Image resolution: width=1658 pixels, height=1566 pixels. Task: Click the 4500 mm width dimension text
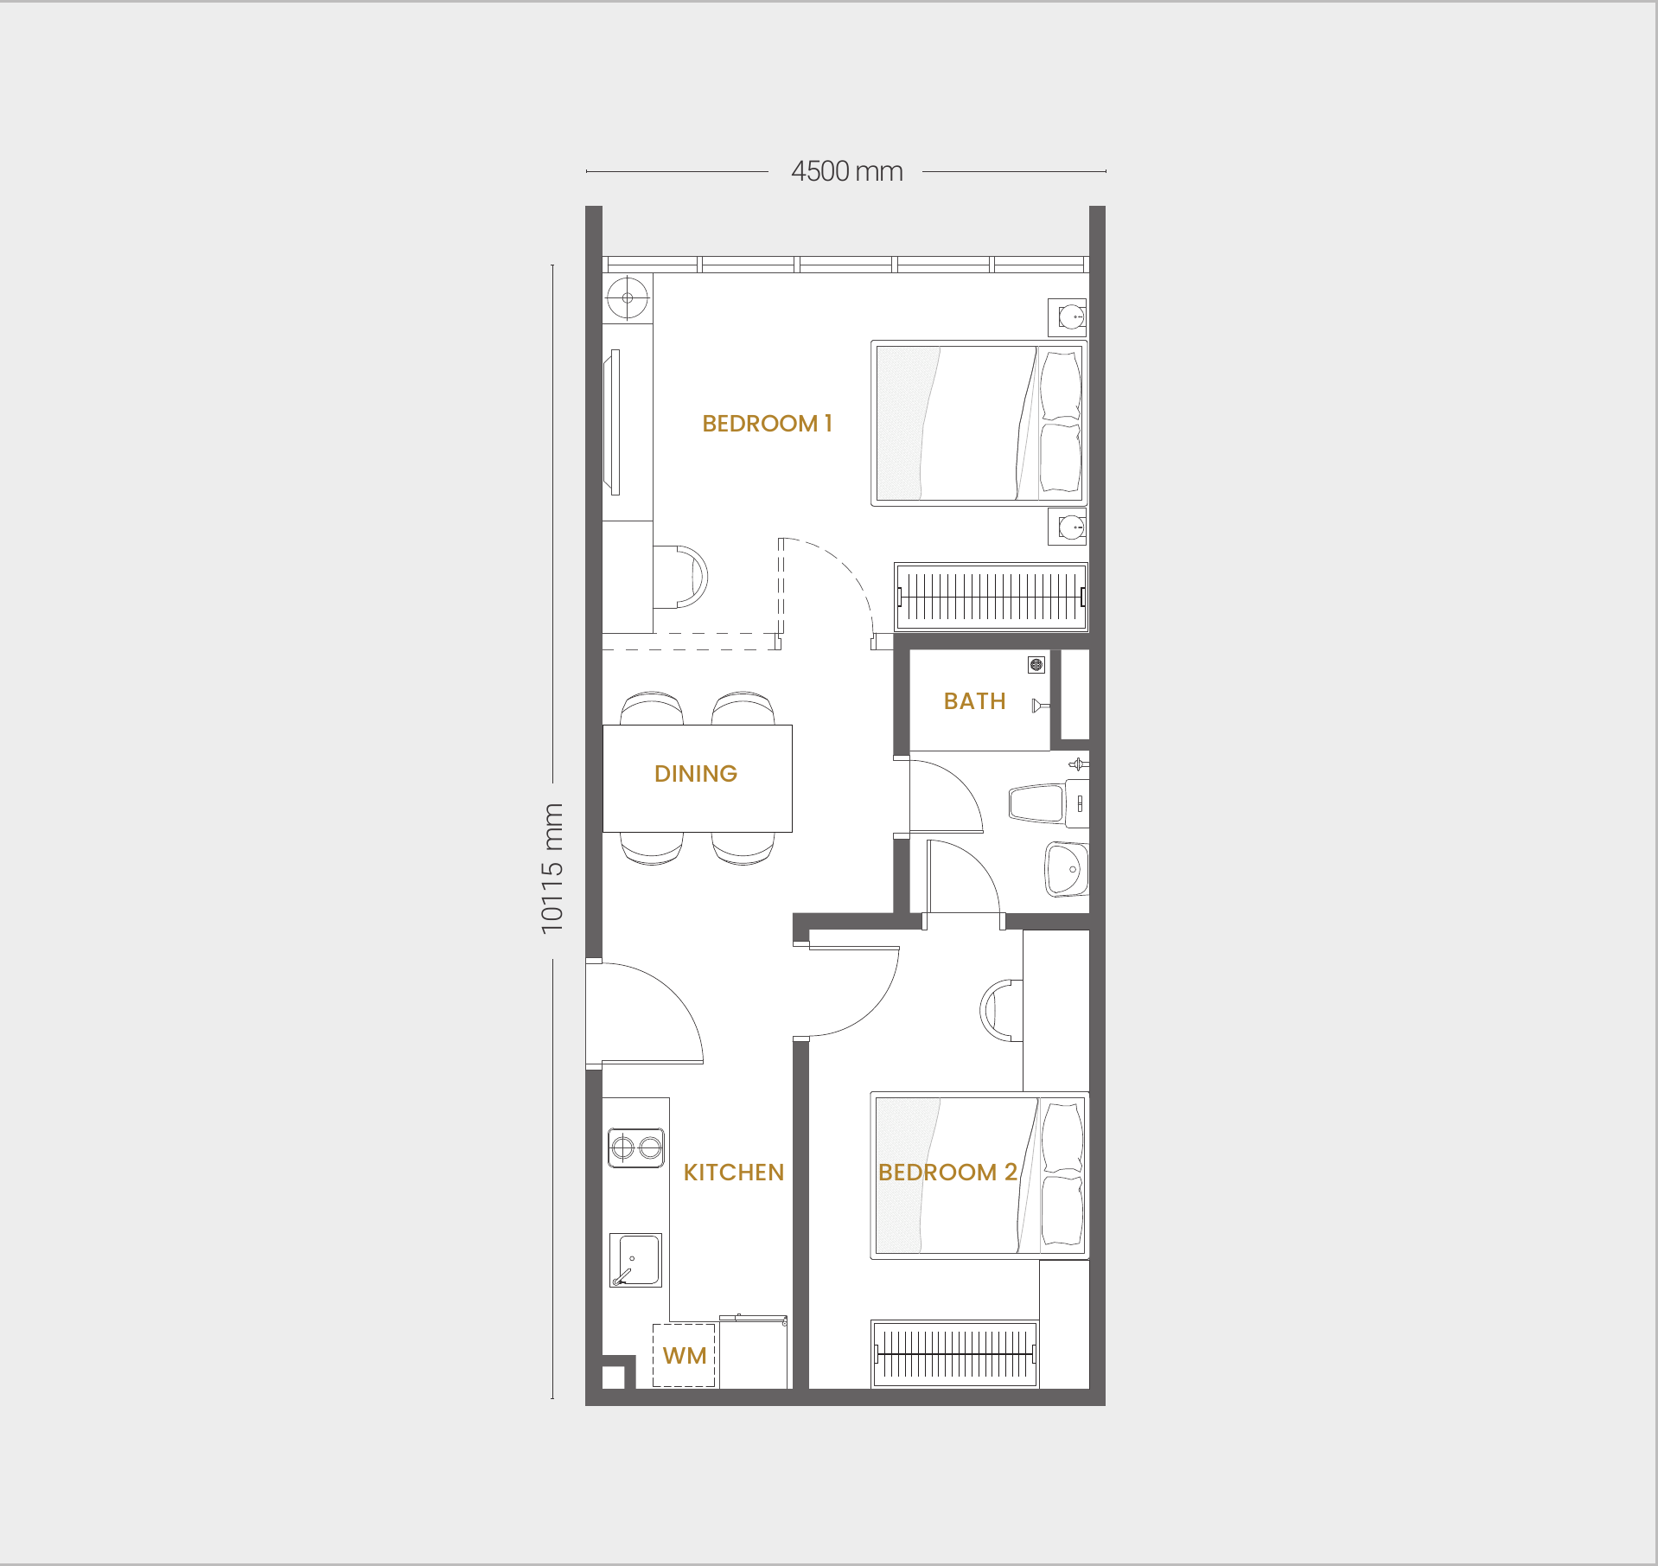coord(847,171)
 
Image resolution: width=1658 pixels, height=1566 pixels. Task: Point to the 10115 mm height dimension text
coord(552,869)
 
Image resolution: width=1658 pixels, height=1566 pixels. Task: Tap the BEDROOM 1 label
coord(767,424)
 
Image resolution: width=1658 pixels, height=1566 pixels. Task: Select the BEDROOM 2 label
coord(947,1173)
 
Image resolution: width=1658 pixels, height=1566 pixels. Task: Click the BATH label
coord(974,701)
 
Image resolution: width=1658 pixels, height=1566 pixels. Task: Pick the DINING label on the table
coord(696,774)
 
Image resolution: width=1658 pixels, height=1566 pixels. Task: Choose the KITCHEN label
coord(734,1173)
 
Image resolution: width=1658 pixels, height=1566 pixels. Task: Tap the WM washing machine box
coord(684,1355)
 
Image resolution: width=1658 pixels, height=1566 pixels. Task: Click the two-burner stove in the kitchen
coord(636,1147)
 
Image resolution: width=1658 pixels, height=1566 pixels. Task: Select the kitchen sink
coord(635,1260)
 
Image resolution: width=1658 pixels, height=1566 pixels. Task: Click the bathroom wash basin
coord(1067,869)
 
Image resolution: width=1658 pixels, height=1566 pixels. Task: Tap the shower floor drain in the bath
coord(1036,665)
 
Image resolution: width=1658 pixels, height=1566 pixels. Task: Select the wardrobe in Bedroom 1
coord(991,597)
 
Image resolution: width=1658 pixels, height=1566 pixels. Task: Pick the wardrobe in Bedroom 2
coord(954,1353)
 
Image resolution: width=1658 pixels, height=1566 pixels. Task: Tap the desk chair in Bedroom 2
coord(1001,1010)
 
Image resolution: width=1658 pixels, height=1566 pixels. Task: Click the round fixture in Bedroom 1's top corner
coord(628,298)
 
